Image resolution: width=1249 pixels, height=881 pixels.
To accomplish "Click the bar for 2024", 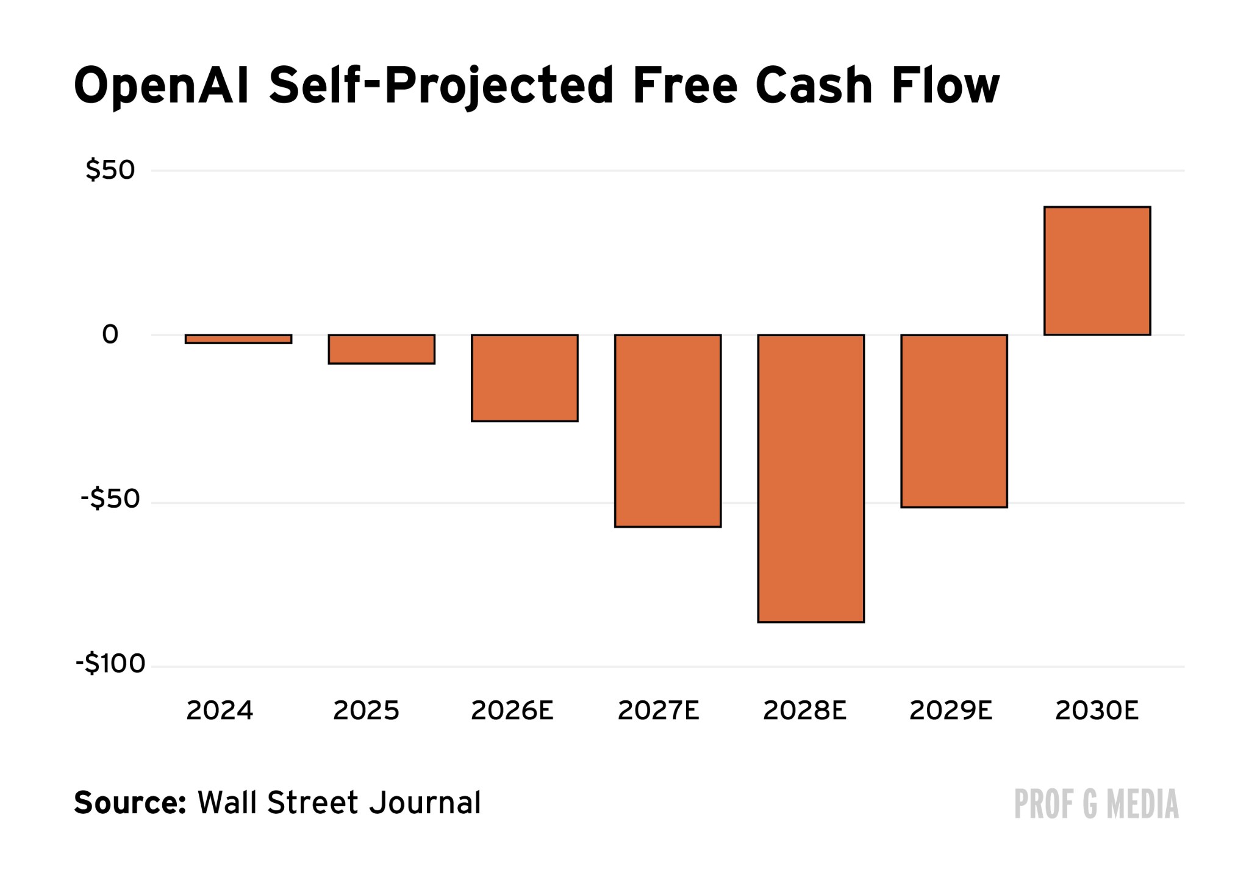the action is (238, 339).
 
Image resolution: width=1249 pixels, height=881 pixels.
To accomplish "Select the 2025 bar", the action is (382, 349).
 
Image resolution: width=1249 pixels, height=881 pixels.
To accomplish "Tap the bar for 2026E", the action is (524, 378).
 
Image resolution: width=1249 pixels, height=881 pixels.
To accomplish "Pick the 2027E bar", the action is (668, 431).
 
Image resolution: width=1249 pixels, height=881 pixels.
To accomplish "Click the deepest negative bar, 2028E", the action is (811, 478).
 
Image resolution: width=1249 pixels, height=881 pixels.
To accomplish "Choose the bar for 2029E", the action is (954, 421).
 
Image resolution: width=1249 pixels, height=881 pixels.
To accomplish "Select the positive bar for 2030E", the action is (1097, 271).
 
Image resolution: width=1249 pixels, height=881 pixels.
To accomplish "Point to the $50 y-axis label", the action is (110, 170).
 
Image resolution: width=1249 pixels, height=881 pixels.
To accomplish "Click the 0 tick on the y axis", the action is (110, 334).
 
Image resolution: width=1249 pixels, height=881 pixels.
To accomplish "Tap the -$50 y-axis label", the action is (110, 499).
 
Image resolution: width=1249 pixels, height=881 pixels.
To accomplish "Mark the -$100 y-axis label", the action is (110, 663).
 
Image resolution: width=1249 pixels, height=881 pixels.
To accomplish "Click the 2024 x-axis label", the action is (220, 711).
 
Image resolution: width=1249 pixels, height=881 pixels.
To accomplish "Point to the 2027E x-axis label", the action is (658, 711).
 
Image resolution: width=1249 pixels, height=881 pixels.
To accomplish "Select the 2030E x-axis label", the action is (1097, 711).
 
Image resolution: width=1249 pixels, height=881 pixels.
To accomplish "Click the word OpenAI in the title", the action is (162, 87).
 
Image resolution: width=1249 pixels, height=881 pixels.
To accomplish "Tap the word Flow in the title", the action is (945, 85).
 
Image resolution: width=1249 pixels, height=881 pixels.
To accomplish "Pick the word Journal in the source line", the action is (426, 803).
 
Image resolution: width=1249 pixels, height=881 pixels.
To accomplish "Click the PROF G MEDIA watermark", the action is (1096, 804).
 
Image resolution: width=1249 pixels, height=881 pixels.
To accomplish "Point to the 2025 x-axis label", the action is (366, 711).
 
